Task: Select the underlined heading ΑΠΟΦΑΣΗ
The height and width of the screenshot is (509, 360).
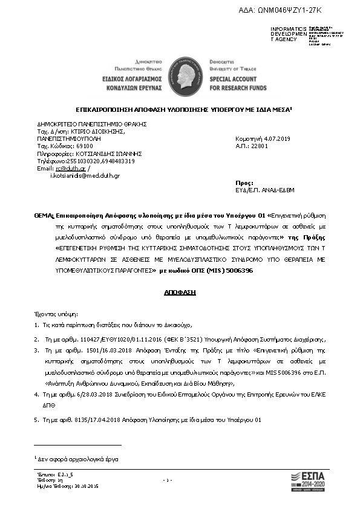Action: coord(180,292)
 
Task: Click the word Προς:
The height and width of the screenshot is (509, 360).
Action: coord(243,182)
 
